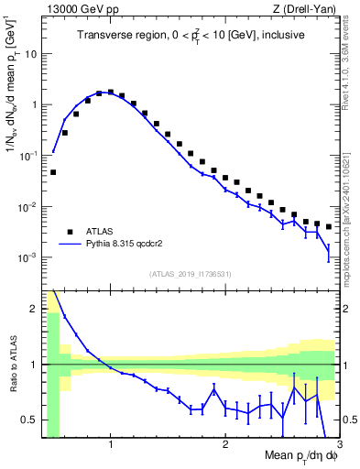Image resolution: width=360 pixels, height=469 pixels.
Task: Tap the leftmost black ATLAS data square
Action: (53, 172)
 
